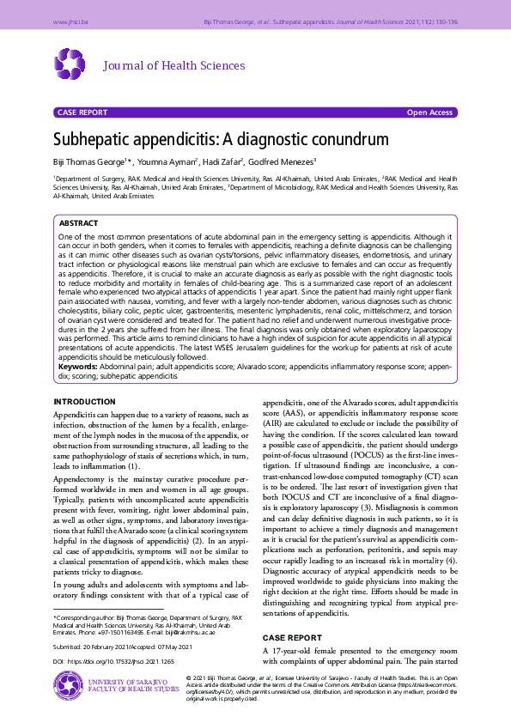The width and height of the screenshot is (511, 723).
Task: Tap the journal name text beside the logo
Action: (174, 66)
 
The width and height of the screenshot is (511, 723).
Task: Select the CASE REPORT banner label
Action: (82, 112)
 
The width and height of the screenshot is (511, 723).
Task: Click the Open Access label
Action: (429, 112)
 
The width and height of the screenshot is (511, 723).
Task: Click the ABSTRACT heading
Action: (78, 222)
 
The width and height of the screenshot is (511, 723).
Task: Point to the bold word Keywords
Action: (77, 366)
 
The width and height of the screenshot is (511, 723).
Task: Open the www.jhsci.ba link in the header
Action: (70, 21)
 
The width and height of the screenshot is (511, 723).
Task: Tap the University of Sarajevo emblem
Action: (67, 685)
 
